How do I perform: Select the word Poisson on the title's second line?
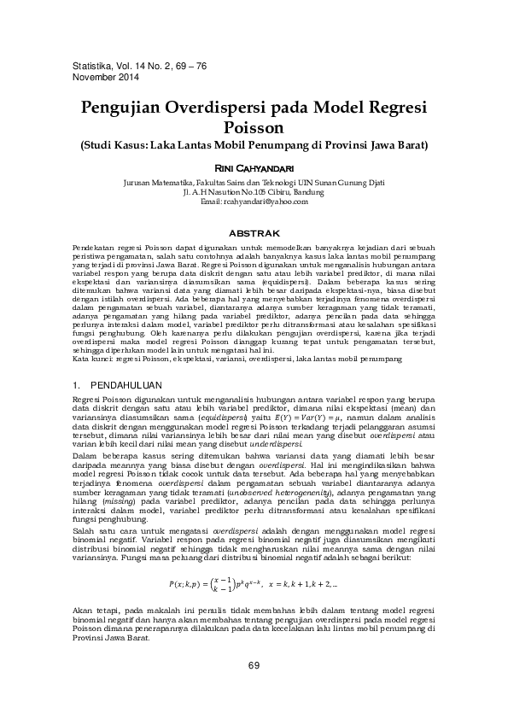click(x=254, y=128)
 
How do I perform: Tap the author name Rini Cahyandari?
click(x=254, y=168)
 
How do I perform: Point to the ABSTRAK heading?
click(x=255, y=232)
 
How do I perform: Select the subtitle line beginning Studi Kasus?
click(x=254, y=144)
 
